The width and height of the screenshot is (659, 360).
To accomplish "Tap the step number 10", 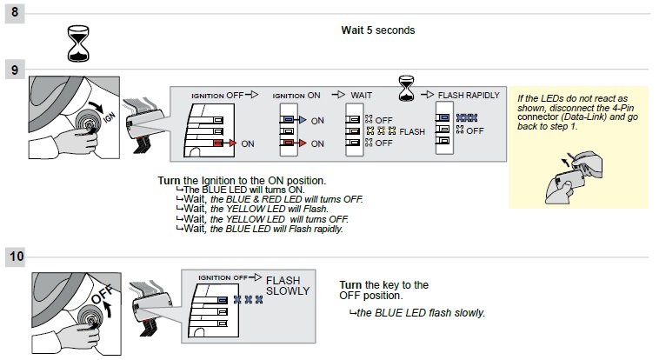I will tap(17, 257).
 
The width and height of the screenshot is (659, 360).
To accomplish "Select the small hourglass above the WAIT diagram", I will tap(405, 86).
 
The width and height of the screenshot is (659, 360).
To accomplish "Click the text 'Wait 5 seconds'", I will tap(378, 30).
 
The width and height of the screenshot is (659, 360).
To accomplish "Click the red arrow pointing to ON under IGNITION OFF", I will tap(229, 142).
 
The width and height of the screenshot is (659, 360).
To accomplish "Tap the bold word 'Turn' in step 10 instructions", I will tap(350, 284).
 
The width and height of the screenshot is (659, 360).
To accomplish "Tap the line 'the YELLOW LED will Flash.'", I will tap(254, 210).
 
